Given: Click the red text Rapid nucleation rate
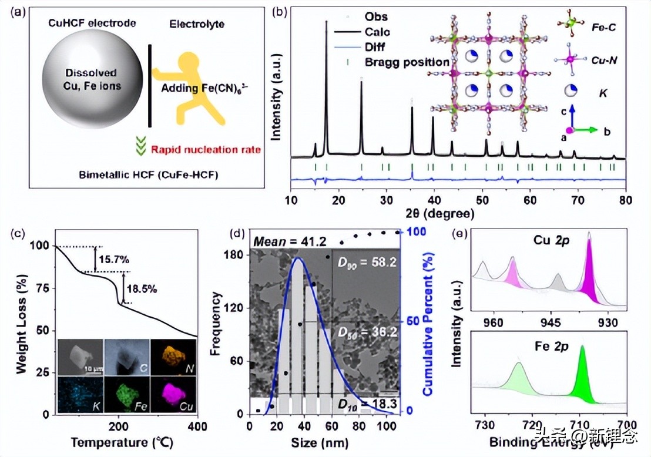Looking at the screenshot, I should (x=206, y=150).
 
